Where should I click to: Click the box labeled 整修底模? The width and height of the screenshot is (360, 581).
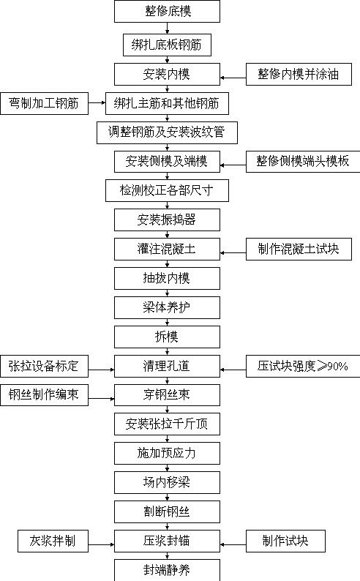coord(167,11)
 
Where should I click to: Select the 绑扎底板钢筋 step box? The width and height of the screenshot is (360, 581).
coord(167,45)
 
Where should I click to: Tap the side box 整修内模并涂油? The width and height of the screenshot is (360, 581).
coord(299,74)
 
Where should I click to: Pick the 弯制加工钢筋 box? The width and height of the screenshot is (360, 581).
coord(44,103)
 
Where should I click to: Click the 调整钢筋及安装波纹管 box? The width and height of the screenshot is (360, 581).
coord(167,132)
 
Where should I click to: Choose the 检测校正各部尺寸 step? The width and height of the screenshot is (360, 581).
coord(167,190)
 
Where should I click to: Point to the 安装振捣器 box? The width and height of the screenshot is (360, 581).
coord(167,220)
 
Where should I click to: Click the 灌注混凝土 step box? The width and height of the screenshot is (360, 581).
coord(167,249)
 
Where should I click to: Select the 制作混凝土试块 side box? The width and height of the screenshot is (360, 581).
coord(299,249)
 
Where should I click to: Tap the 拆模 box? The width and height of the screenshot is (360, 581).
coord(167,337)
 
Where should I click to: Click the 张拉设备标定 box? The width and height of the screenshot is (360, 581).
coord(44,366)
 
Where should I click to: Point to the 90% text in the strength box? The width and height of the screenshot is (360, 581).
coord(338,367)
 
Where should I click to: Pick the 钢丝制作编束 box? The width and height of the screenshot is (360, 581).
coord(44,395)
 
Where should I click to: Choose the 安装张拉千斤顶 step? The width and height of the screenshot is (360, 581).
coord(167,424)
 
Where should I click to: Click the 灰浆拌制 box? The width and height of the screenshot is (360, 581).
coord(53,541)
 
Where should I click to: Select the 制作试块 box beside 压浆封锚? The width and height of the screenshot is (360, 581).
coord(285,541)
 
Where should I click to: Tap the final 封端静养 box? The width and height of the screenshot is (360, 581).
coord(167,570)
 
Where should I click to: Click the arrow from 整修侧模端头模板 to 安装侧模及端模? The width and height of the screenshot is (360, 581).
coord(233,165)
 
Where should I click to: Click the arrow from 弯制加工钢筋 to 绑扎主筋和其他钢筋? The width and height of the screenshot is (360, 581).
coord(97,102)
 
